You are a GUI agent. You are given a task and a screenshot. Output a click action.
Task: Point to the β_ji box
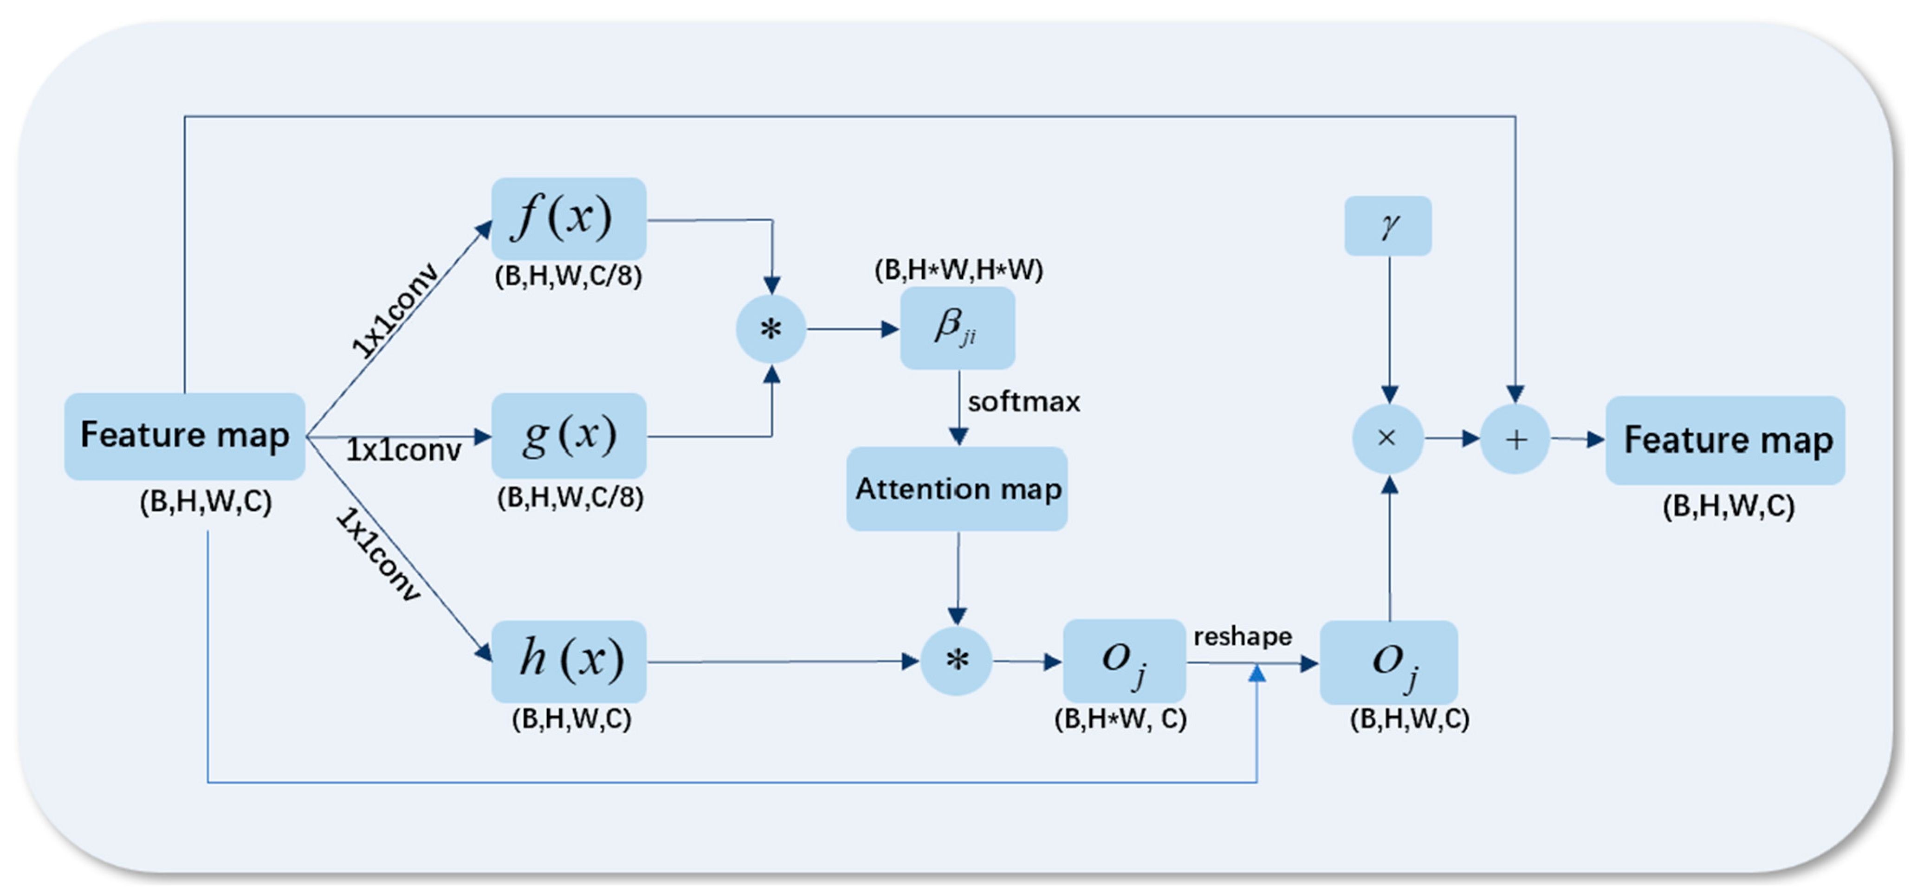[957, 328]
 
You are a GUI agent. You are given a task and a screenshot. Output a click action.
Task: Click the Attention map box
[957, 489]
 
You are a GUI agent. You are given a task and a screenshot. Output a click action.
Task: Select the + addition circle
[1515, 439]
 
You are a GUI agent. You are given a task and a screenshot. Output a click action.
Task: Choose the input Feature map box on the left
[185, 436]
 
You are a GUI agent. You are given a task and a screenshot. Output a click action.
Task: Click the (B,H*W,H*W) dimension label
[958, 270]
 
